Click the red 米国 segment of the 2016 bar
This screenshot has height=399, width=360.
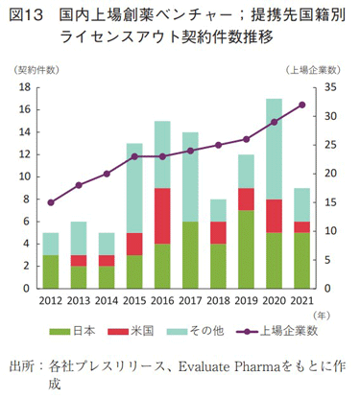point(162,216)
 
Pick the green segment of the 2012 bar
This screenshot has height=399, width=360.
point(51,271)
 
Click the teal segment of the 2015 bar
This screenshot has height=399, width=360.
point(134,187)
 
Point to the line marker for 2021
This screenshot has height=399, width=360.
point(301,105)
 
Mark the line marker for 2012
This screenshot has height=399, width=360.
point(51,202)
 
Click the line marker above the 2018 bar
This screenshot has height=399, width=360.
point(218,145)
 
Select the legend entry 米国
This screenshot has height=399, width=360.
point(142,332)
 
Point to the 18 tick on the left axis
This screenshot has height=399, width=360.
point(26,87)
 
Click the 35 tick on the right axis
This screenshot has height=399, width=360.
point(326,87)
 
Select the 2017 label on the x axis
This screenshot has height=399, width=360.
point(190,300)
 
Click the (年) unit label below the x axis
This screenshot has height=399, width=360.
point(322,314)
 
